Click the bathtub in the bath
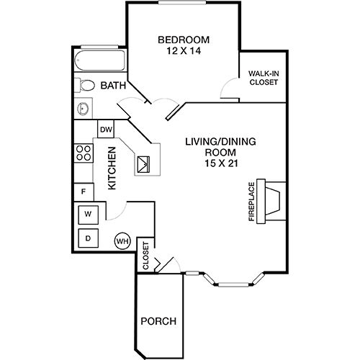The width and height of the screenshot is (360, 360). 100,60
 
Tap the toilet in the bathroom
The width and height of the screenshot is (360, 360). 84,85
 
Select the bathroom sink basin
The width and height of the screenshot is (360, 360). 83,109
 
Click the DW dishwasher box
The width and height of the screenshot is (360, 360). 106,130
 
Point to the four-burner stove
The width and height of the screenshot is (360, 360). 84,153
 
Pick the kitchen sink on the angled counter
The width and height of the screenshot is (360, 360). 143,164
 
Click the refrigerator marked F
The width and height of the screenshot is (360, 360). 84,192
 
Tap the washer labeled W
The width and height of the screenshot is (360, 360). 89,215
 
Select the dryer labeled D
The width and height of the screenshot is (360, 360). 89,238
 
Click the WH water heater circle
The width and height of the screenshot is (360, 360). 122,241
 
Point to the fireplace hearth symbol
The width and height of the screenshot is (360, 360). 271,202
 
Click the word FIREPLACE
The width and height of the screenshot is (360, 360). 251,202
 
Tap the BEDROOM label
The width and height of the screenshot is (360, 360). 184,40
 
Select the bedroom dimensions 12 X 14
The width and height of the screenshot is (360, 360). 184,51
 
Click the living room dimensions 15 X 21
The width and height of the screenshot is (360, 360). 221,163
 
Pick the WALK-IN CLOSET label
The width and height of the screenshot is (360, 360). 264,78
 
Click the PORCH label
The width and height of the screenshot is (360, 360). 158,321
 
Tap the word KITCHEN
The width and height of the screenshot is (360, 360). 112,168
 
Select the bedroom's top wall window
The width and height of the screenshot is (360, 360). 182,3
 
